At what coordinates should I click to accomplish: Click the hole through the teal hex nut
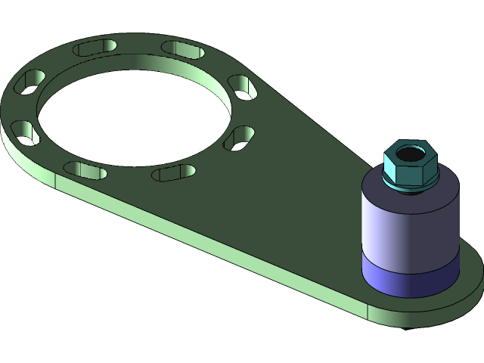[x=409, y=155]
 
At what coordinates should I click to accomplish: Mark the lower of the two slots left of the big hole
[x=25, y=132]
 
